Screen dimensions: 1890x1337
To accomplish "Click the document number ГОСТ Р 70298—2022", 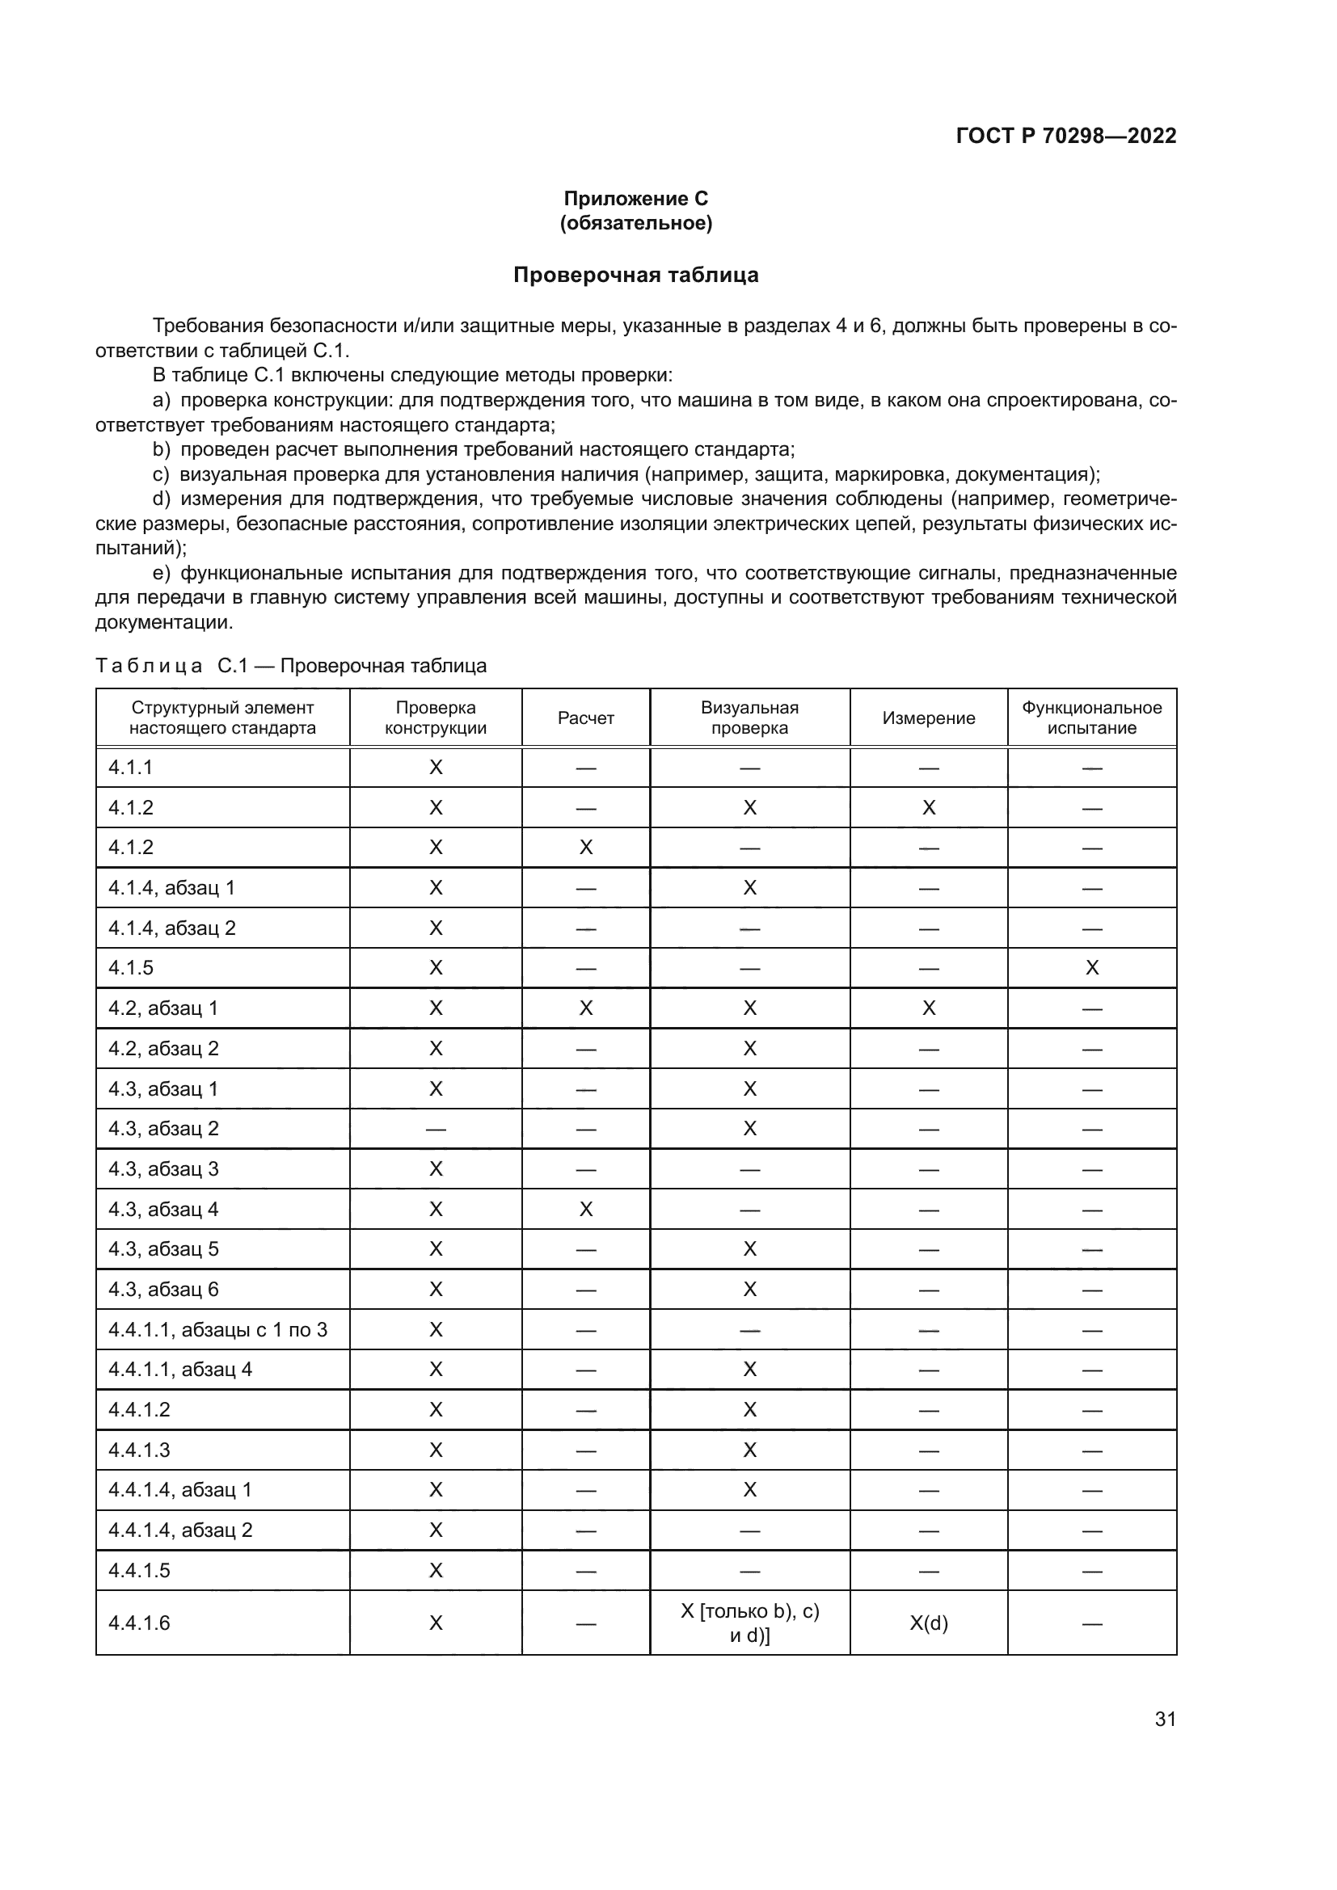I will point(1065,136).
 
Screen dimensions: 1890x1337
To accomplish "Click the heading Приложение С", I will point(635,199).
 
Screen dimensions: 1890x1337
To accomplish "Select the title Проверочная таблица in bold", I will point(635,275).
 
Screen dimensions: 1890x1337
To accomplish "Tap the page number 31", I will point(1165,1719).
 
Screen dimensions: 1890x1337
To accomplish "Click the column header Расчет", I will point(585,718).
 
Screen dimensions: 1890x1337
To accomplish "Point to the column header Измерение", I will point(928,718).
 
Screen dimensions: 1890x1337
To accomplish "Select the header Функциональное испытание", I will point(1091,718).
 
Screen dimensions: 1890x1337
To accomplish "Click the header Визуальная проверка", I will point(749,718).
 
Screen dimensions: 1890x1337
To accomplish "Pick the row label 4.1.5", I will point(131,967).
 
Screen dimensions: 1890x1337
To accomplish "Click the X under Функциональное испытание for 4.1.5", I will point(1091,967).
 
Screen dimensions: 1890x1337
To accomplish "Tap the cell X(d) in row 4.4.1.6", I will point(928,1623).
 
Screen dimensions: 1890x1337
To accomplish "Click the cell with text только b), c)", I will point(749,1612).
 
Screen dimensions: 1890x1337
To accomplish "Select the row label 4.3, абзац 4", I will point(163,1210).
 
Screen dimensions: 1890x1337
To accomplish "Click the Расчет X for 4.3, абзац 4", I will point(585,1210).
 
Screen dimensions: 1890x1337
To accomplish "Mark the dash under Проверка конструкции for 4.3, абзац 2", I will point(436,1130).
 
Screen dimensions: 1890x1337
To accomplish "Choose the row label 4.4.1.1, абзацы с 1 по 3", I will point(217,1329).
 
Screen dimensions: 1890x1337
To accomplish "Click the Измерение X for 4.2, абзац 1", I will point(928,1008).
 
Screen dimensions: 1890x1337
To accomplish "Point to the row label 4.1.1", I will point(131,767).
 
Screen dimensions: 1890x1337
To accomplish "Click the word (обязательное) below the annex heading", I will point(635,223).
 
